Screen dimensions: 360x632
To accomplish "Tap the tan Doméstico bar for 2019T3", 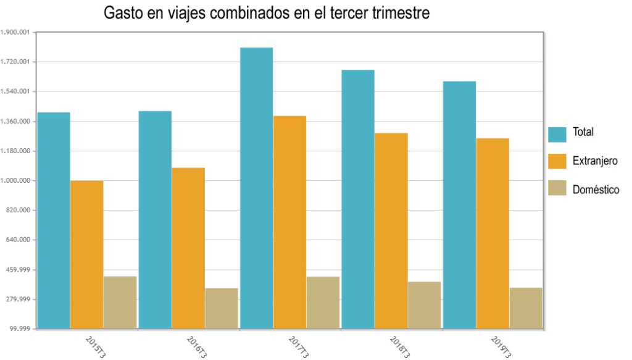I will click(526, 308).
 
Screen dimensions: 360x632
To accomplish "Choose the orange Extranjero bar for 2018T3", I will click(391, 230).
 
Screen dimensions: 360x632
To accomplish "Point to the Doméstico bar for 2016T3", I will click(222, 308).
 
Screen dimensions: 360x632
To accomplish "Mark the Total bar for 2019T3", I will click(459, 204).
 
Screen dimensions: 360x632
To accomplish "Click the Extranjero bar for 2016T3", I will click(188, 248).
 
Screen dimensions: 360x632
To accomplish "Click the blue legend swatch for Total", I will click(557, 134).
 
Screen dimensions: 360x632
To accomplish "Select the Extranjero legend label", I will click(595, 161).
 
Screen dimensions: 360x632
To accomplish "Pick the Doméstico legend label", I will click(596, 190).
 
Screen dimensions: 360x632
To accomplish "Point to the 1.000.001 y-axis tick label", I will click(17, 181).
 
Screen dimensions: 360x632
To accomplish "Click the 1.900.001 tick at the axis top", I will click(17, 32).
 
